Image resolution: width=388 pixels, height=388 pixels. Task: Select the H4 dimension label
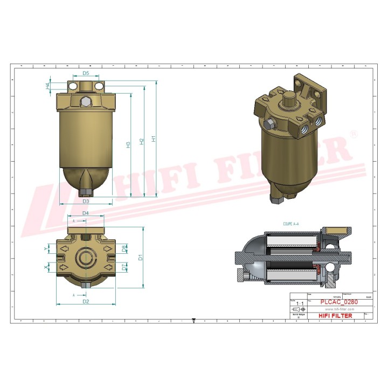pyautogui.click(x=48, y=86)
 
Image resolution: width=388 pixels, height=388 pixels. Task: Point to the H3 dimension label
pyautogui.click(x=128, y=144)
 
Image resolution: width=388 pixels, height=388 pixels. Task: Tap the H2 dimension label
pyautogui.click(x=141, y=141)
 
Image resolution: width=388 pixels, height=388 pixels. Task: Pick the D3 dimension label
pyautogui.click(x=86, y=201)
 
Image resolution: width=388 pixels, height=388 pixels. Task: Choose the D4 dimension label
pyautogui.click(x=86, y=214)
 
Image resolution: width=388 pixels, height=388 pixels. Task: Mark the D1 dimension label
pyautogui.click(x=140, y=257)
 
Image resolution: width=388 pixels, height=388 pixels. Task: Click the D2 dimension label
pyautogui.click(x=86, y=302)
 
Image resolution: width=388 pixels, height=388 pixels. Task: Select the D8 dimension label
pyautogui.click(x=124, y=248)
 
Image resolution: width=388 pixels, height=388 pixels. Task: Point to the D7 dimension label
pyautogui.click(x=124, y=267)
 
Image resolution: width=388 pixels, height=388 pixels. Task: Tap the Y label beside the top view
pyautogui.click(x=45, y=248)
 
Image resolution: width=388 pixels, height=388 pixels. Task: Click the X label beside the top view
pyautogui.click(x=45, y=267)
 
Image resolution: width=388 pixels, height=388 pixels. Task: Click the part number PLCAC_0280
pyautogui.click(x=339, y=302)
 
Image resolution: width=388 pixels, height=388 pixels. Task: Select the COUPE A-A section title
pyautogui.click(x=290, y=223)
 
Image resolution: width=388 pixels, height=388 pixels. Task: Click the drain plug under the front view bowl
pyautogui.click(x=85, y=192)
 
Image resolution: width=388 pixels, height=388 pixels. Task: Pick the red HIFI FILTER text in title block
pyautogui.click(x=336, y=316)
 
